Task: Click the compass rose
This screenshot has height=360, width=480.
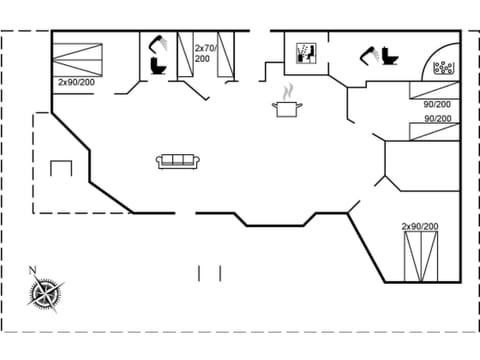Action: pyautogui.click(x=46, y=294)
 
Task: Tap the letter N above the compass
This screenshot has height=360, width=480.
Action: pyautogui.click(x=33, y=269)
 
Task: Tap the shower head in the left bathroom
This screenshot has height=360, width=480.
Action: pyautogui.click(x=155, y=42)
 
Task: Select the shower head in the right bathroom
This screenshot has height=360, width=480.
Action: pyautogui.click(x=370, y=51)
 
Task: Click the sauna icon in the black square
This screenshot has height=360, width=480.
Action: pyautogui.click(x=306, y=52)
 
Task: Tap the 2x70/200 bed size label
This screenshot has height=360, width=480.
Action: pyautogui.click(x=205, y=53)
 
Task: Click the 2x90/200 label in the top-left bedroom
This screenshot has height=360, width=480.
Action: pyautogui.click(x=76, y=82)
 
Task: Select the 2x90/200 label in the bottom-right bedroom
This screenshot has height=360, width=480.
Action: pyautogui.click(x=420, y=227)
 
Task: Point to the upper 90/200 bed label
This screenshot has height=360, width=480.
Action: pyautogui.click(x=437, y=103)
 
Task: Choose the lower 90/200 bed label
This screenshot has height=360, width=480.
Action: pyautogui.click(x=437, y=119)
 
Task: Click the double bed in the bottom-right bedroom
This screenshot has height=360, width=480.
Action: pyautogui.click(x=420, y=257)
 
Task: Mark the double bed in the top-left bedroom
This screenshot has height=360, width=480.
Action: pyautogui.click(x=78, y=54)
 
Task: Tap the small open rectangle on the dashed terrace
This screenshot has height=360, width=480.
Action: pyautogui.click(x=61, y=167)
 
